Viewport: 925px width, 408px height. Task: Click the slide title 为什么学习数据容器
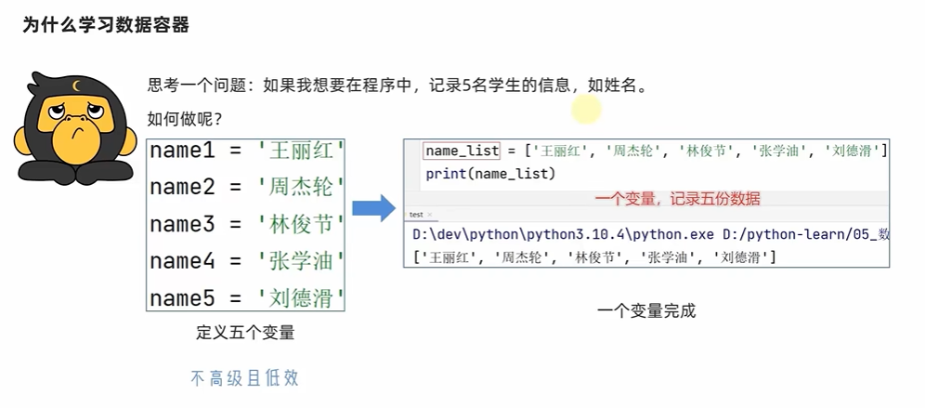(x=106, y=26)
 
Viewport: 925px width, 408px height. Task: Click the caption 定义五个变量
(x=245, y=332)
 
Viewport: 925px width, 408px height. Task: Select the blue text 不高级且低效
(x=245, y=377)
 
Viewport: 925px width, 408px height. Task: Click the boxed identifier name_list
(x=462, y=151)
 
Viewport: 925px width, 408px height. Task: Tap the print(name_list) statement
(x=489, y=174)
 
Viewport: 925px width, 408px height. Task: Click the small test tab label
(x=416, y=215)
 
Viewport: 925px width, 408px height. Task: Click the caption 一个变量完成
(x=645, y=310)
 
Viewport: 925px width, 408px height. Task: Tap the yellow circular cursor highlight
(x=587, y=110)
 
